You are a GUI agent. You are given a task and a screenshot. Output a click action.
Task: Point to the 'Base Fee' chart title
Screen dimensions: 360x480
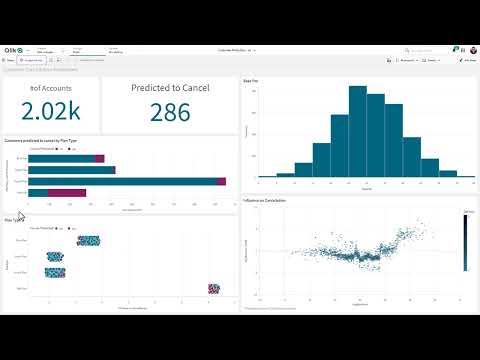252,80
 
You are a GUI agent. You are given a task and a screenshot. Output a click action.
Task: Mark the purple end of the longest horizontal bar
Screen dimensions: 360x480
221,181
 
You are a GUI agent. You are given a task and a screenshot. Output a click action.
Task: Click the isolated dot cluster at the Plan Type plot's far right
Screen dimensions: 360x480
213,288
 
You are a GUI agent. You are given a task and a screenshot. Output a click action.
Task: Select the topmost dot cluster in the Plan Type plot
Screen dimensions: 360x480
89,241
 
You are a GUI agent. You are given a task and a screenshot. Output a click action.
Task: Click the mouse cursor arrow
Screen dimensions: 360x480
20,214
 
